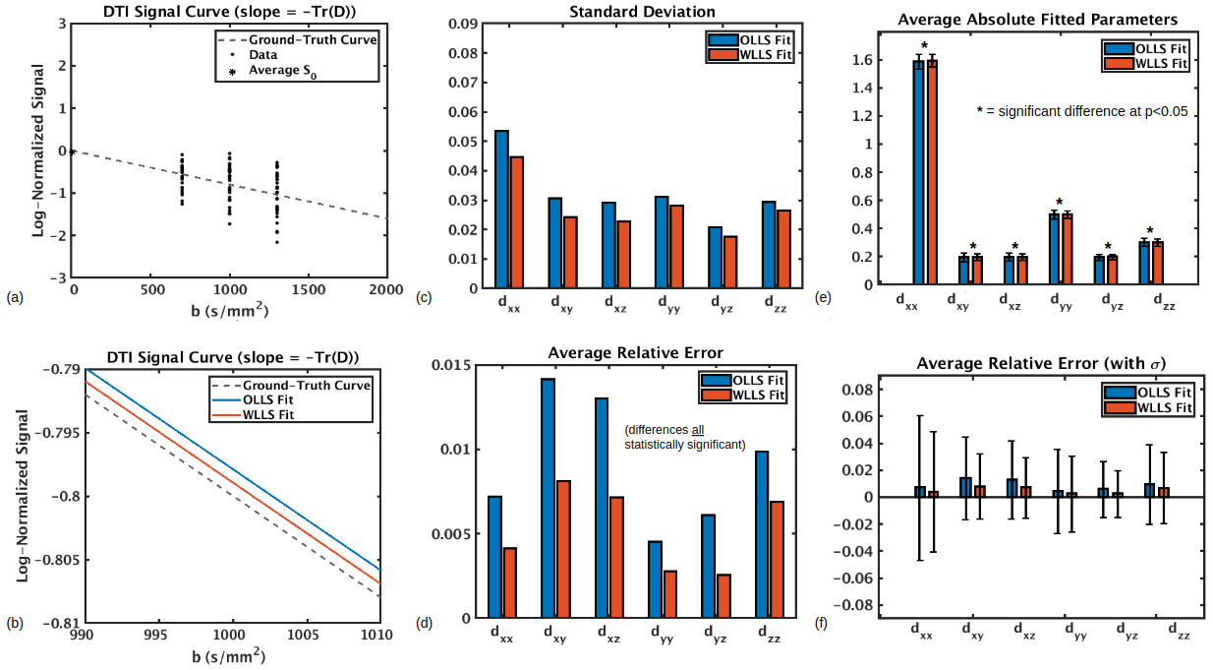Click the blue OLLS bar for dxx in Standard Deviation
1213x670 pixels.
click(x=501, y=207)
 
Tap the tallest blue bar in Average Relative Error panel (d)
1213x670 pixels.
click(x=548, y=498)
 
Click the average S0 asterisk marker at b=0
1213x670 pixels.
click(x=74, y=152)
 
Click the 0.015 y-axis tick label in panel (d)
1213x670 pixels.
click(x=456, y=366)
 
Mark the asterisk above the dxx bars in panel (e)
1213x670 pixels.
click(x=925, y=45)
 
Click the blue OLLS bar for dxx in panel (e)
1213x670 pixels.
click(x=918, y=172)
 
